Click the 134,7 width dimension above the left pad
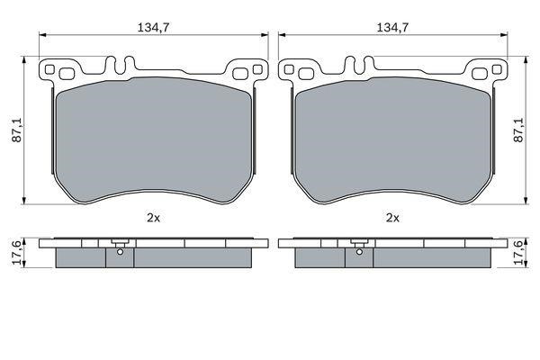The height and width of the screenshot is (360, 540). [x=153, y=28]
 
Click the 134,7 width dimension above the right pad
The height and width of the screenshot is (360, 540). [x=392, y=28]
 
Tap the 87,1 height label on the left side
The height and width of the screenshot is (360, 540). [x=17, y=130]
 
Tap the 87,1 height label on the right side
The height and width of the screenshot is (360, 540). [x=518, y=130]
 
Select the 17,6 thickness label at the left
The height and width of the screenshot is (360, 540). [x=17, y=253]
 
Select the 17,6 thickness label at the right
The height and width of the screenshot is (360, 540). [x=518, y=253]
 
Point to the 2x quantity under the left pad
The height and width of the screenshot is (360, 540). [x=153, y=218]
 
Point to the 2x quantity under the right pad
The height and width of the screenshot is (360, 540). [x=392, y=218]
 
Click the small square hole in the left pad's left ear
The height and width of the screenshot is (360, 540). [x=49, y=69]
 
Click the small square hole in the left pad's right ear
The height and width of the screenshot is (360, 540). [x=257, y=69]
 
